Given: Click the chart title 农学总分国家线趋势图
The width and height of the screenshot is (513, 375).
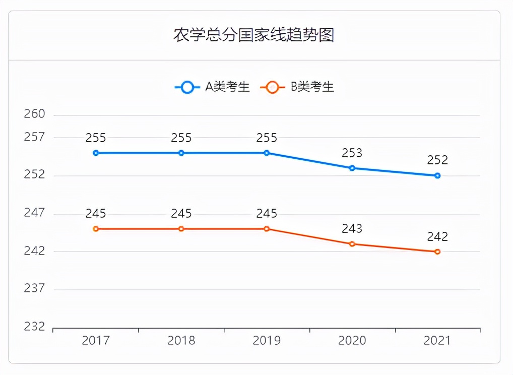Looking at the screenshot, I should tap(253, 35).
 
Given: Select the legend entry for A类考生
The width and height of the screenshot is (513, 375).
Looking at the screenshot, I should tap(212, 87).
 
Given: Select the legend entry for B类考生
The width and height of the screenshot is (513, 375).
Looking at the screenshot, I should tap(297, 87).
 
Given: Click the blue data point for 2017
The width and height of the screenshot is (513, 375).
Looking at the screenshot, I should tap(96, 153).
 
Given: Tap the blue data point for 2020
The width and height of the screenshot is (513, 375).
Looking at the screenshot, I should tap(352, 168).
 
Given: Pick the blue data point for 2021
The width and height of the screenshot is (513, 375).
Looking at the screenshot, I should tap(437, 175).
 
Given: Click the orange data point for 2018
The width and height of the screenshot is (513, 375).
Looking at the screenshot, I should tap(181, 229).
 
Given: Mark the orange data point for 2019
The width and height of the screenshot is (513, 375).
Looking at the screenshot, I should tap(267, 229).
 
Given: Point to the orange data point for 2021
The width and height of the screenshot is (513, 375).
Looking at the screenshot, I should tap(437, 252).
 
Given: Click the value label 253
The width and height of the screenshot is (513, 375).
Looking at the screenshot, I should tap(352, 153).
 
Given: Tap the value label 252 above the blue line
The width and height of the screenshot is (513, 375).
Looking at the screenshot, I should tap(437, 160).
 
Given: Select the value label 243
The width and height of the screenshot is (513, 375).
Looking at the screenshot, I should tap(352, 229).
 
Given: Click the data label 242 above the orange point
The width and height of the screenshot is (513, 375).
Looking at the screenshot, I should tap(437, 236).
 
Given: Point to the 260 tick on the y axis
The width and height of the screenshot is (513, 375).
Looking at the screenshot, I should tap(35, 114).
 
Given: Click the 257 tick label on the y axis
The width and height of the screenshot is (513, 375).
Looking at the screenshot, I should tap(35, 137).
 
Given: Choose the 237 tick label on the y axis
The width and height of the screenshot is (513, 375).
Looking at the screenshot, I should tap(35, 289).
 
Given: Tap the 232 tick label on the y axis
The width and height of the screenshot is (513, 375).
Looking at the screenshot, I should tap(35, 327).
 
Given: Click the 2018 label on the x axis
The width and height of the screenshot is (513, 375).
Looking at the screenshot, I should tap(181, 341).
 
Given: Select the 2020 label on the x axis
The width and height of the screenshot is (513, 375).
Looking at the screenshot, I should tap(352, 341).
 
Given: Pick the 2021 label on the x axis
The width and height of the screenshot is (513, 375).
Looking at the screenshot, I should tap(437, 341).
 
